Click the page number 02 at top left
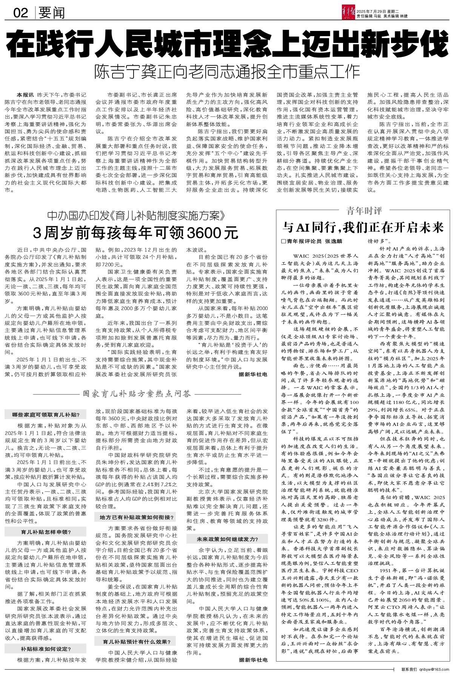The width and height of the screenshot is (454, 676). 21,13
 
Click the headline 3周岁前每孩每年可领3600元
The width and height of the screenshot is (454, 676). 136,232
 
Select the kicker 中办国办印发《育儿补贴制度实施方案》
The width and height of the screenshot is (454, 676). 136,216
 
